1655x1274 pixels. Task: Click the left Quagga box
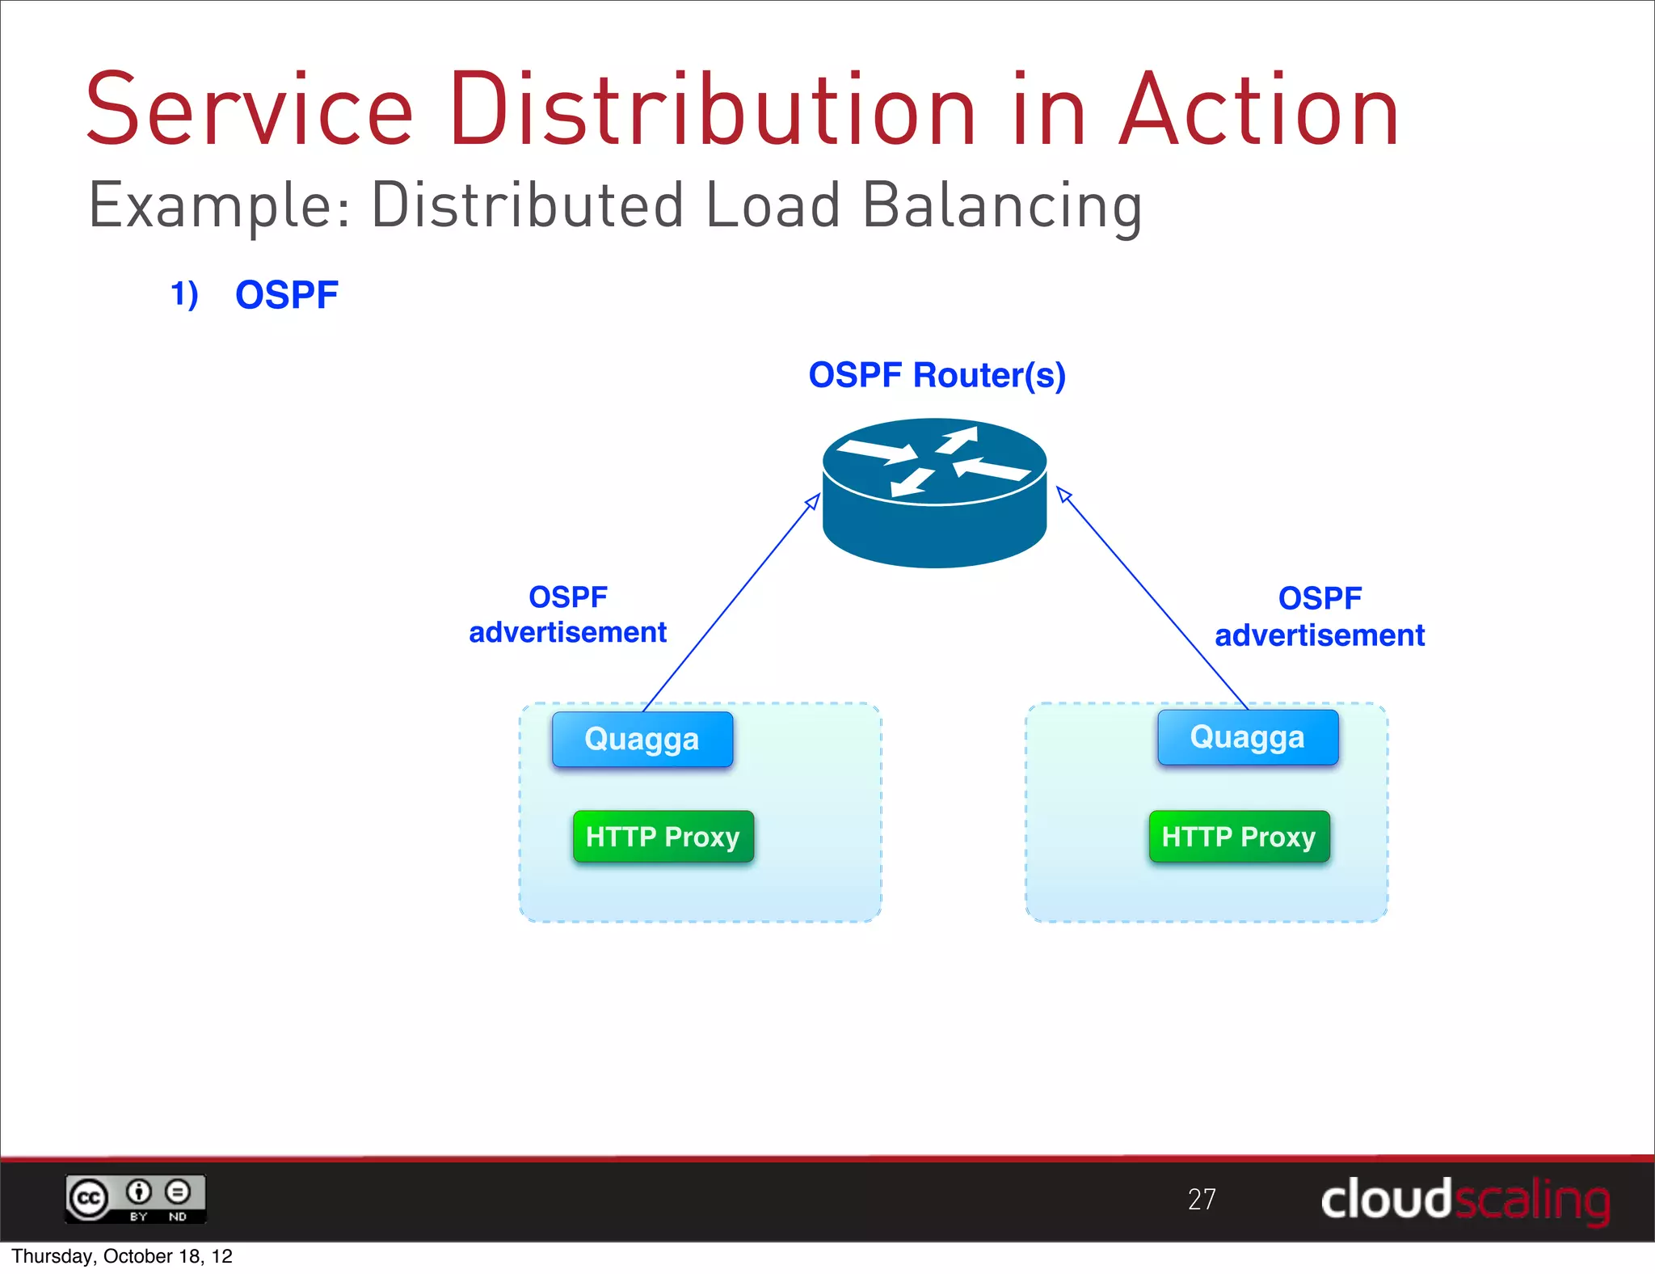(x=642, y=739)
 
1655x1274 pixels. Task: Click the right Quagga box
(x=1248, y=737)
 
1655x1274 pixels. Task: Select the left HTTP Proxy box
(x=663, y=837)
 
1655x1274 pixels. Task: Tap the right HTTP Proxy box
(x=1239, y=837)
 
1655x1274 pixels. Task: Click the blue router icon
(x=935, y=493)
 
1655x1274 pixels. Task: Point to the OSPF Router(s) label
(x=937, y=375)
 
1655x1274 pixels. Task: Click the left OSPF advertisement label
(x=568, y=614)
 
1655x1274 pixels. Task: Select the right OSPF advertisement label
(x=1320, y=617)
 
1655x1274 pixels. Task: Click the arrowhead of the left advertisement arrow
(x=815, y=500)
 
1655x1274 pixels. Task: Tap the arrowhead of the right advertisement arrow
(x=1063, y=494)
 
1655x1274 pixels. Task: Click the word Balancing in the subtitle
(x=1002, y=206)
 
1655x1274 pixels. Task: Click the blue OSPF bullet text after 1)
(x=287, y=295)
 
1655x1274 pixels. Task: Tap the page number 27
(x=1202, y=1199)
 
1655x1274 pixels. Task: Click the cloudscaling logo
(x=1465, y=1200)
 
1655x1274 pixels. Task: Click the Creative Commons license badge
(x=136, y=1198)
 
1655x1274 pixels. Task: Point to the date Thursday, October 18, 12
(x=122, y=1256)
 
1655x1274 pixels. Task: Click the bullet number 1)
(x=185, y=294)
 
